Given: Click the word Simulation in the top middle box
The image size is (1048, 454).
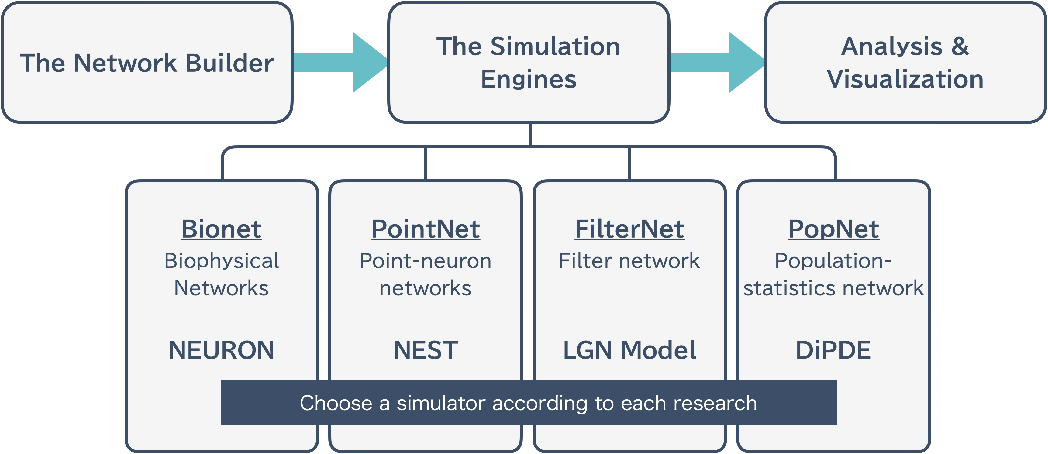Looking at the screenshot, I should (x=555, y=46).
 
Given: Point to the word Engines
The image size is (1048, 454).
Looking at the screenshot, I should (x=529, y=79).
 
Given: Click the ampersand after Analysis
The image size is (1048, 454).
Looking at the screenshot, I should (x=960, y=46).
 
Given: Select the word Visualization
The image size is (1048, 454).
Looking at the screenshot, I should (x=905, y=79).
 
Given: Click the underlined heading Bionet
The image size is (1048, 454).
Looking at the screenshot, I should (x=221, y=229).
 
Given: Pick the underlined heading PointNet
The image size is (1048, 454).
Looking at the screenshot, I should (x=426, y=229).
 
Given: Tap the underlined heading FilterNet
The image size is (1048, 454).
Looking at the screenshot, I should (x=629, y=229).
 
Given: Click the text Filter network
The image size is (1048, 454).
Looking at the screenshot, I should (x=629, y=261).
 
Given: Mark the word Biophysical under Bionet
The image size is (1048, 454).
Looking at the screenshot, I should (x=221, y=261).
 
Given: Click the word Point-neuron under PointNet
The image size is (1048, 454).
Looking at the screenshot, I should (x=426, y=261).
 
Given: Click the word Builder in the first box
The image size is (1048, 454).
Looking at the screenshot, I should (x=230, y=63).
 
